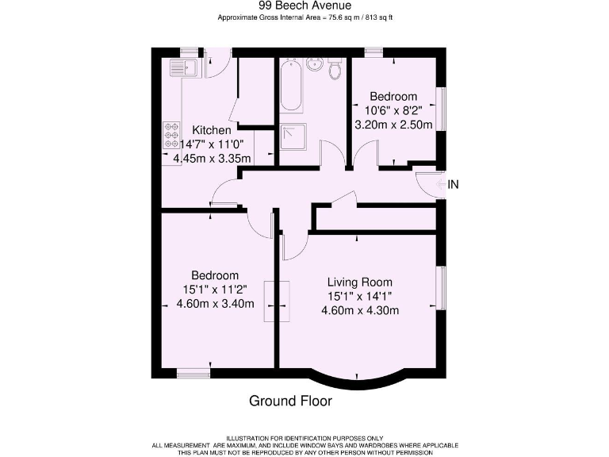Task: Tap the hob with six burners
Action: [x=170, y=136]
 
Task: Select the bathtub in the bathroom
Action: [x=290, y=86]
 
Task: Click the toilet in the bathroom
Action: [x=335, y=71]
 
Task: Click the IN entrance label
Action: [x=454, y=184]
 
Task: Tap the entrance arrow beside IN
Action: [x=441, y=184]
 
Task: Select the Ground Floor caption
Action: [x=290, y=401]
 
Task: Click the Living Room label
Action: [x=360, y=282]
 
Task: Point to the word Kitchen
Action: [x=211, y=130]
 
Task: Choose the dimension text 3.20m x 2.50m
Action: [x=394, y=125]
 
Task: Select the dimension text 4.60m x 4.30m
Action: [x=360, y=310]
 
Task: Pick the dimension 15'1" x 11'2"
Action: [x=215, y=290]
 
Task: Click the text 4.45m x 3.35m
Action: [x=211, y=158]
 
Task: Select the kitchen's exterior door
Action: [x=217, y=62]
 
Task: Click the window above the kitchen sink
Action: [x=188, y=52]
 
